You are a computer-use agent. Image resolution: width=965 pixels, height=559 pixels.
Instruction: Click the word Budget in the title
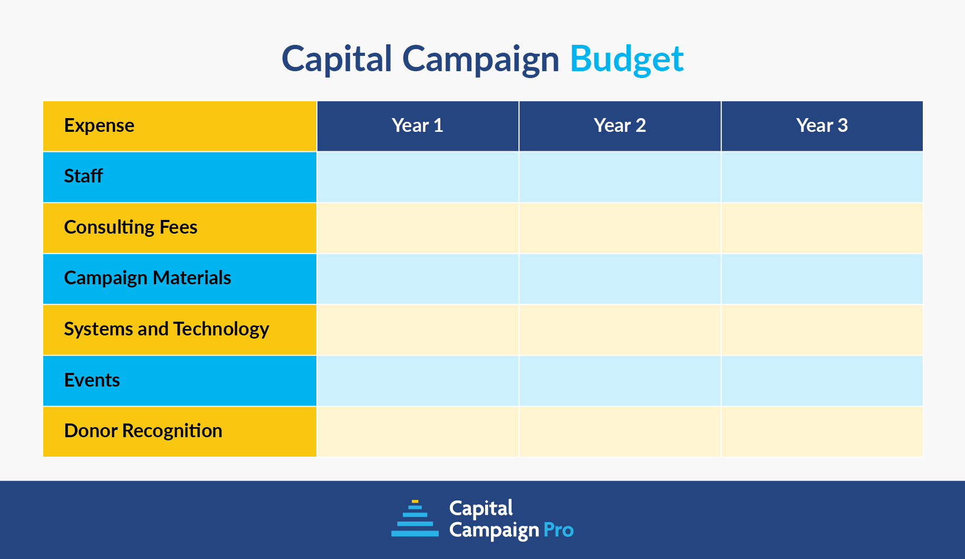point(626,59)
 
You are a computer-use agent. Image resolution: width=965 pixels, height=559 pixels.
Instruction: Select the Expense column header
point(99,126)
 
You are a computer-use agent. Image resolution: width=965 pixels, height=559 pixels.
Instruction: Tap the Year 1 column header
point(417,126)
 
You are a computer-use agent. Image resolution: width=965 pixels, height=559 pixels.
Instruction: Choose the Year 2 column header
point(620,126)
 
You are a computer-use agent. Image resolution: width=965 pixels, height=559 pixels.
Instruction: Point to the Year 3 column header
point(822,126)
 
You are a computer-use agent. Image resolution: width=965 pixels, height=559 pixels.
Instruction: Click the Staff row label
point(83,176)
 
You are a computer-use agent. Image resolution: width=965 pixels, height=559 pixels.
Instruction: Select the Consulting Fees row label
point(130,227)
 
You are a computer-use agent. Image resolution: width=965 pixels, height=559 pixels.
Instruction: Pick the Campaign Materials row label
point(147,278)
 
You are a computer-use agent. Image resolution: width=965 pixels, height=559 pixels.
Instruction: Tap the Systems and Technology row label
point(166,329)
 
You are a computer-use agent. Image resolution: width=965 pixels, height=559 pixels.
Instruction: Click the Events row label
point(92,380)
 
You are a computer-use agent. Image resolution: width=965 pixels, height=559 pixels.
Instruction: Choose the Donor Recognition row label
point(143,431)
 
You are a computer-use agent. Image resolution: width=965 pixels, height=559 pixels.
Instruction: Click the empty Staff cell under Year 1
point(417,177)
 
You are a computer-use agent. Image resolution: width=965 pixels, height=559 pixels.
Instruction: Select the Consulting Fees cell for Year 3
point(822,228)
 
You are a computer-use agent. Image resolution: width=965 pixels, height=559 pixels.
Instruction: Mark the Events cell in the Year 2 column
point(620,381)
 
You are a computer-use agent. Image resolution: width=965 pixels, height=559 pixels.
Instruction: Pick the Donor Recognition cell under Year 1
point(417,431)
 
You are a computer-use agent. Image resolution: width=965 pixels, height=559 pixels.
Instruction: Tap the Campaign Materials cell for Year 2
point(620,279)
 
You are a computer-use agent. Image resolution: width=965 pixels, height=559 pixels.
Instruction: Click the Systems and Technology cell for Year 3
point(822,330)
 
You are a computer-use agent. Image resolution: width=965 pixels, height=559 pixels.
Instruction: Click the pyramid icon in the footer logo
point(415,519)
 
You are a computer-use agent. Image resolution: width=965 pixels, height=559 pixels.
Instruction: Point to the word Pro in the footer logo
point(558,530)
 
